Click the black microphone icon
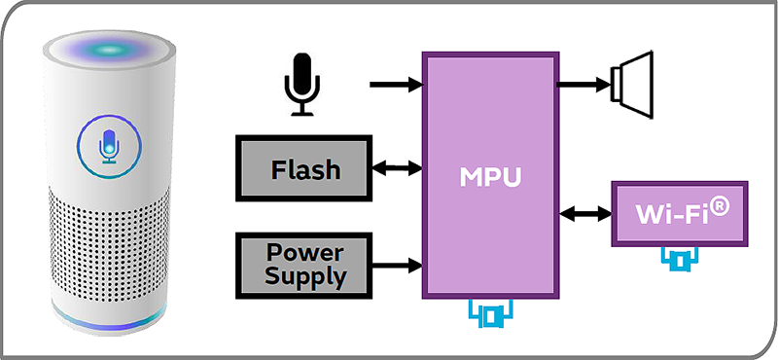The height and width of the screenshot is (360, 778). click(301, 84)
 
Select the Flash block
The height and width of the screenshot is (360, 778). click(304, 169)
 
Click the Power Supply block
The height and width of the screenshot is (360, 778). click(304, 263)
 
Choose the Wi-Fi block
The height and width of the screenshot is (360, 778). click(679, 213)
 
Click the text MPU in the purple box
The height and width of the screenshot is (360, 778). click(490, 179)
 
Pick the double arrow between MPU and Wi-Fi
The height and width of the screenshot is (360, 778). click(583, 213)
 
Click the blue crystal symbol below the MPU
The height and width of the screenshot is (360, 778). click(491, 314)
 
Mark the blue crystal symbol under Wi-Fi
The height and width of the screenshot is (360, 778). click(680, 259)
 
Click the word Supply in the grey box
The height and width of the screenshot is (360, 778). click(303, 275)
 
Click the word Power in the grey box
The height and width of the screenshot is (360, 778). click(303, 251)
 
